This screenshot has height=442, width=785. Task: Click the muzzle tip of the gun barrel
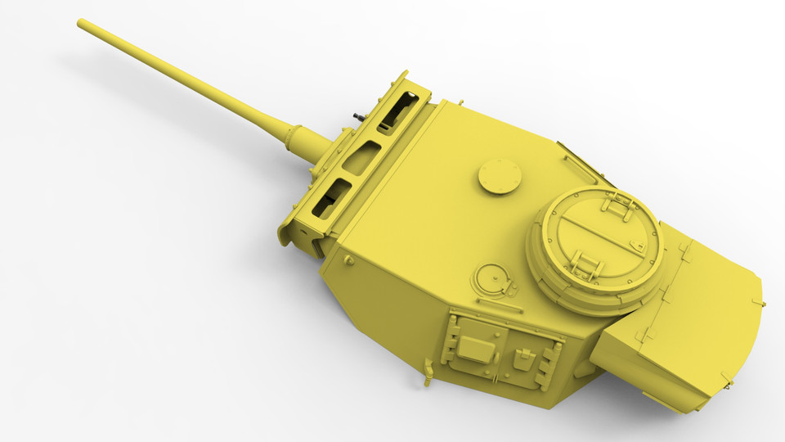82,23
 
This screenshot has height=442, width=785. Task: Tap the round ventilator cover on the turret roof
500,175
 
